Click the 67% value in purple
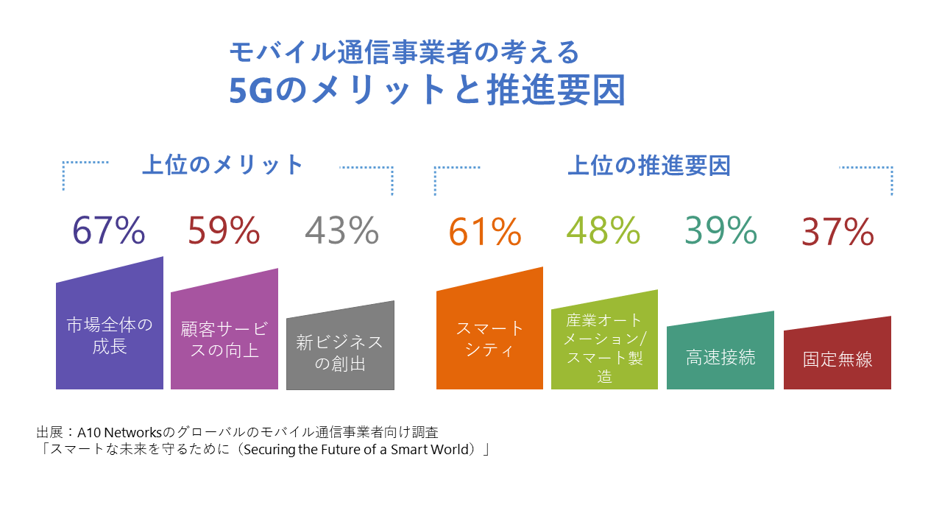coord(109,230)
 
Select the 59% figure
coord(224,230)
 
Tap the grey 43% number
coord(341,230)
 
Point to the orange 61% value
coord(485,231)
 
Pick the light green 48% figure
coord(603,230)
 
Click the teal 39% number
coord(720,230)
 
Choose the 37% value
coord(837,231)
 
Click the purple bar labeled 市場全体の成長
coord(110,328)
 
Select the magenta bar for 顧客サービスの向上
coord(224,334)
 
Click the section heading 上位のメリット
coord(222,164)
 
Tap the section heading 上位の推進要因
coord(649,166)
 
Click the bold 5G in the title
coord(251,91)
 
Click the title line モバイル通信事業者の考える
coord(405,52)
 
